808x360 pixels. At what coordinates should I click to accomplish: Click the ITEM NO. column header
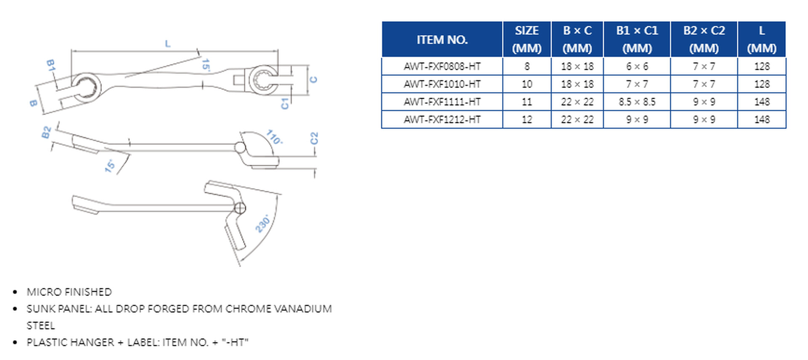pyautogui.click(x=442, y=40)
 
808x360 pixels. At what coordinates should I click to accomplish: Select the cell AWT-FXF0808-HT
pyautogui.click(x=442, y=67)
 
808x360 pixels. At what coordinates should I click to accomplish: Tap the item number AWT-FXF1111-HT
pyautogui.click(x=442, y=102)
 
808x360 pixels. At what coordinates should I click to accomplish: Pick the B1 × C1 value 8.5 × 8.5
pyautogui.click(x=637, y=102)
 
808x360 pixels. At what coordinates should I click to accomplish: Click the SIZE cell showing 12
pyautogui.click(x=527, y=120)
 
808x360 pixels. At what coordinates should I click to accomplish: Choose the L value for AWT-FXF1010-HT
pyautogui.click(x=762, y=84)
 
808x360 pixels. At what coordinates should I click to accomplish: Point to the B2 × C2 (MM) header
pyautogui.click(x=704, y=39)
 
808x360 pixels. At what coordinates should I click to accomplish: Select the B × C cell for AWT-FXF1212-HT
pyautogui.click(x=577, y=120)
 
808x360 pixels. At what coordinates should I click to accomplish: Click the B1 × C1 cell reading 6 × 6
pyautogui.click(x=637, y=67)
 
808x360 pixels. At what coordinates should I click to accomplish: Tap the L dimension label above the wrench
pyautogui.click(x=168, y=43)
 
